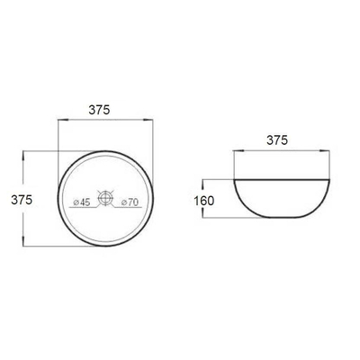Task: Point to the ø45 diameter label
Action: (80, 202)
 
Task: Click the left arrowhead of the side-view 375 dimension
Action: (237, 150)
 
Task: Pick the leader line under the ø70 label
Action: (127, 209)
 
